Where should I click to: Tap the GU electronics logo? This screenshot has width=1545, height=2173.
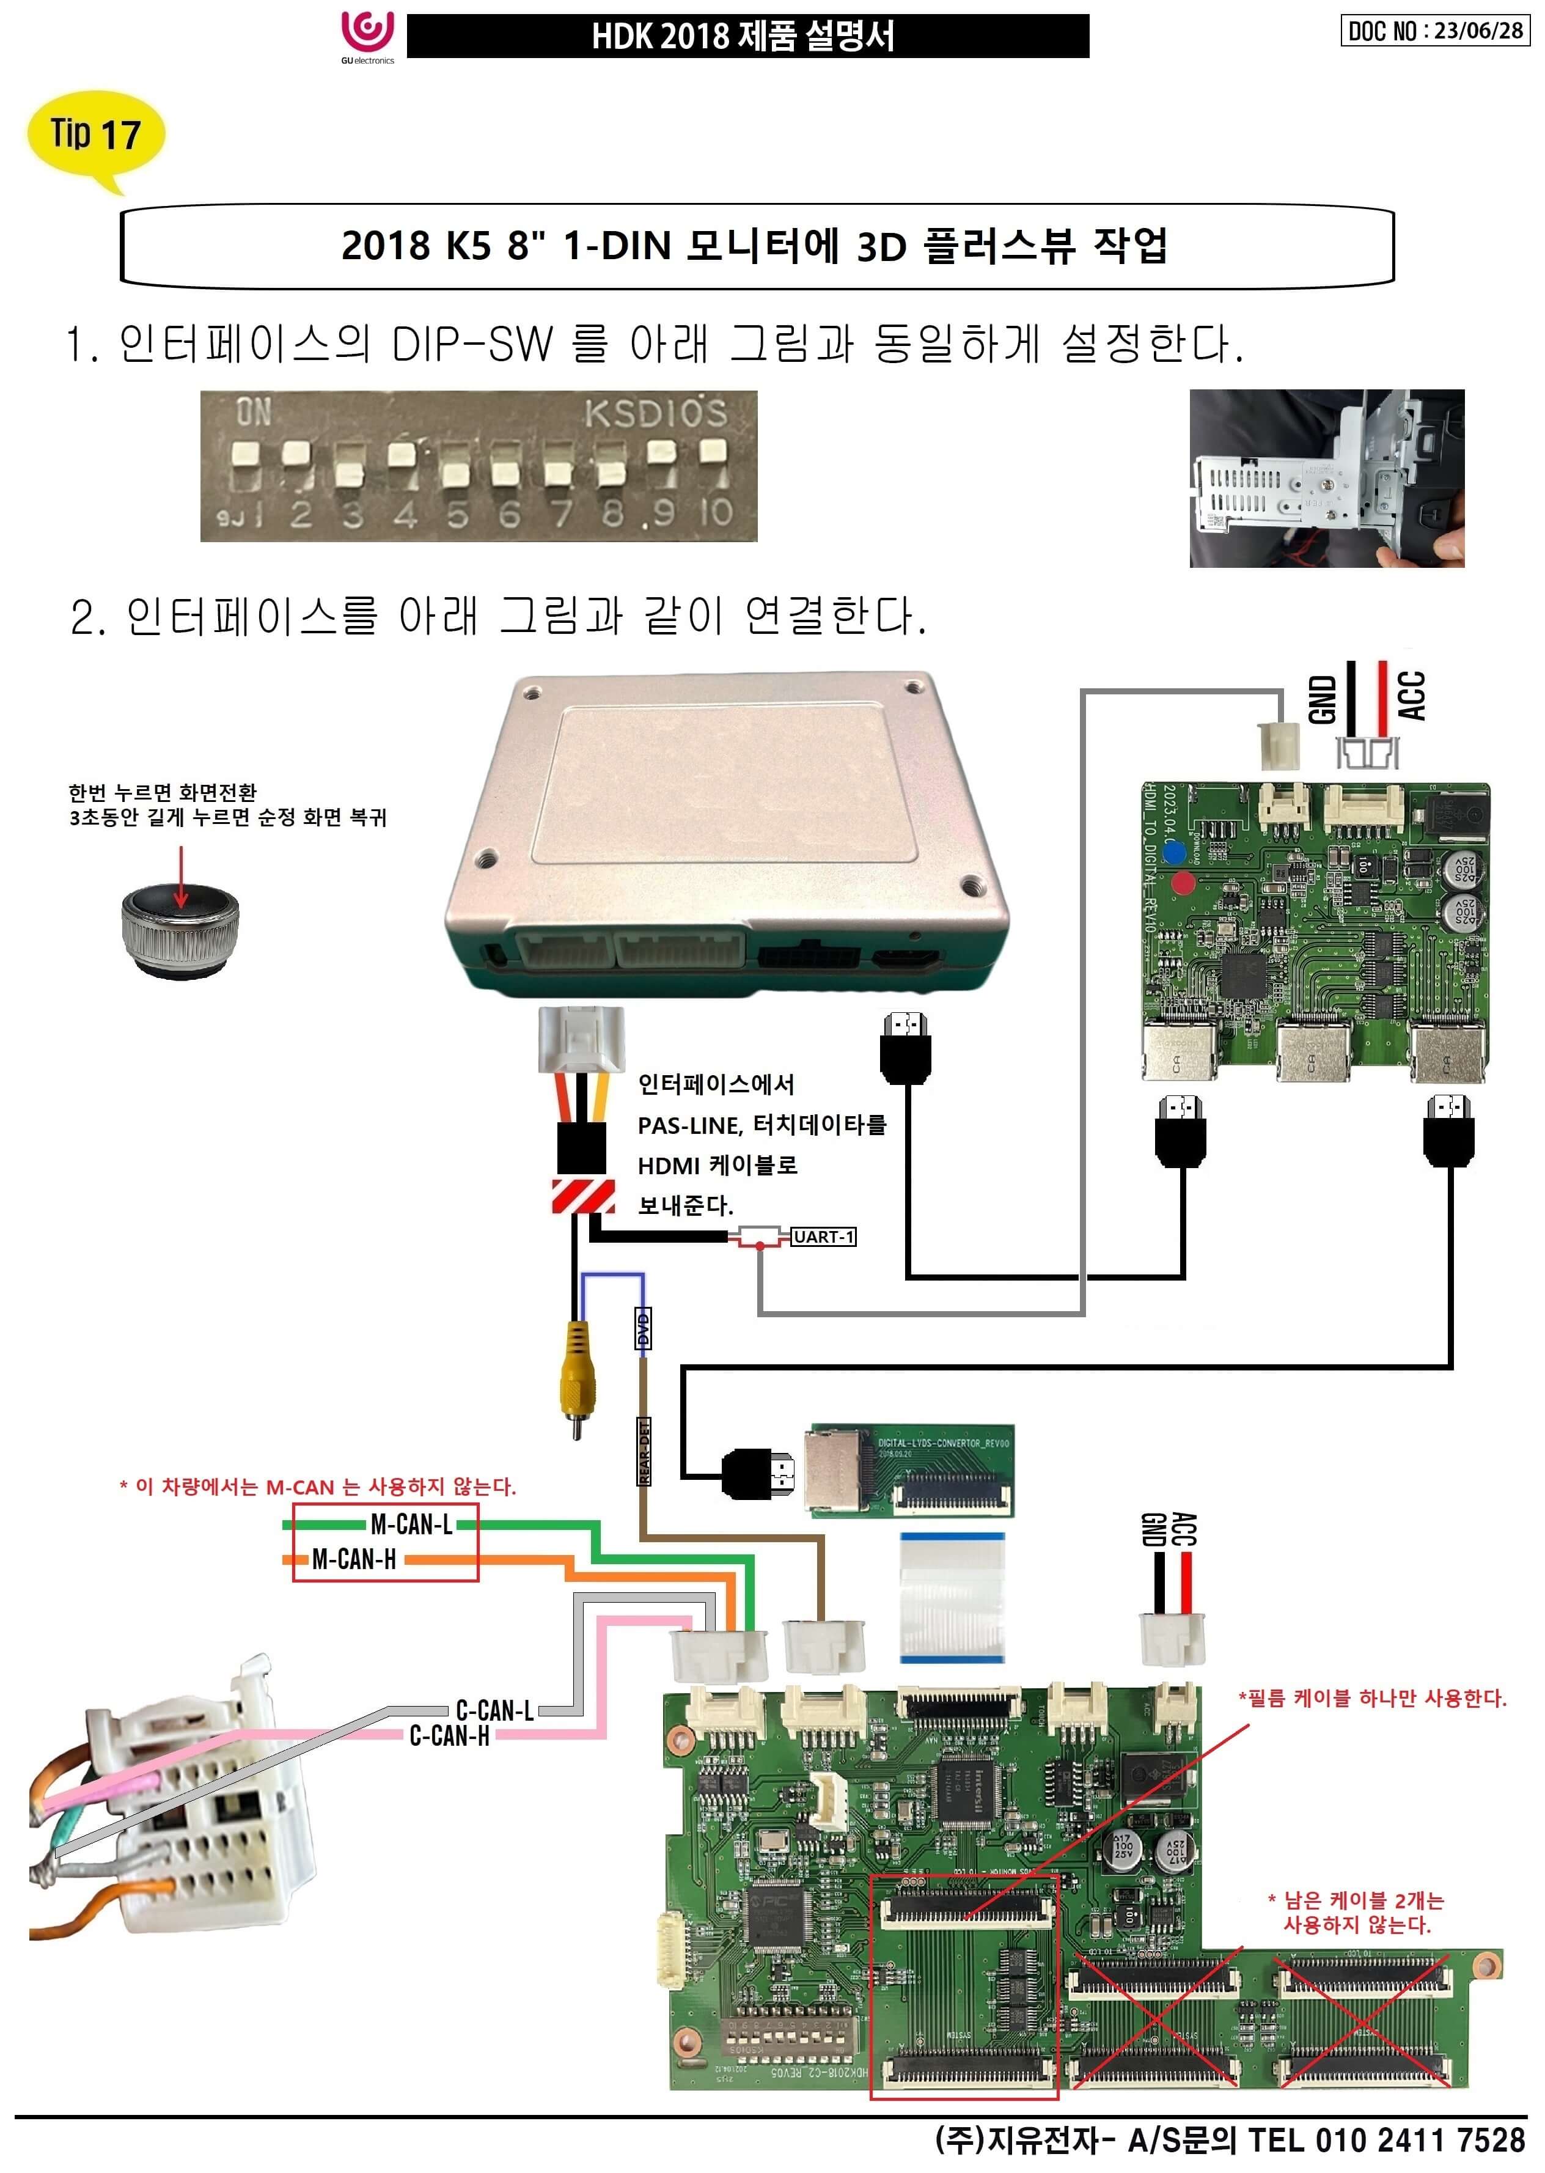367,36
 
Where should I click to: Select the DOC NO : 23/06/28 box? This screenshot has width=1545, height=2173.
1434,31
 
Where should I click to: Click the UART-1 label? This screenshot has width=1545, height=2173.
824,1236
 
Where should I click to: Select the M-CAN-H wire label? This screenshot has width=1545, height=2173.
354,1559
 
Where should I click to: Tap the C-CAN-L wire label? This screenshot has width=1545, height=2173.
494,1710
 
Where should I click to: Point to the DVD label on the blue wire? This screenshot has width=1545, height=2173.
643,1327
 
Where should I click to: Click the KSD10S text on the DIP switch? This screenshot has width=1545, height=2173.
656,413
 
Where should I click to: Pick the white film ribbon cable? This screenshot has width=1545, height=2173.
952,1597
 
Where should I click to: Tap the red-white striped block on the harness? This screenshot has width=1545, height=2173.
582,1196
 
